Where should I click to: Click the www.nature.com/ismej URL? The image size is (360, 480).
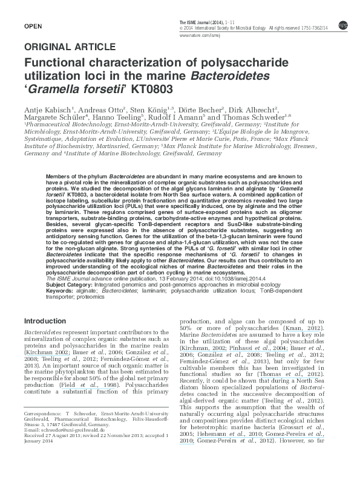click(199, 36)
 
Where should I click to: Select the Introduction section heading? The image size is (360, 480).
click(48, 320)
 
